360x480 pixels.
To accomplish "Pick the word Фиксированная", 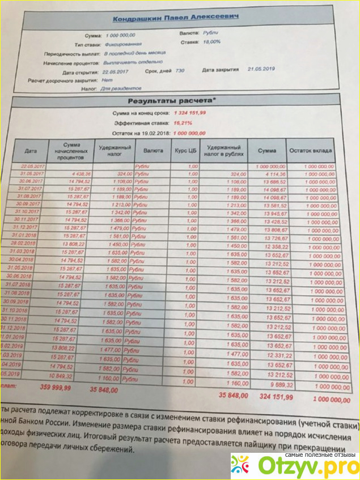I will point(123,44).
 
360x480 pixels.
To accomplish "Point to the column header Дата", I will point(31,151).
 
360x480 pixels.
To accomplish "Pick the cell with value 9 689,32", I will point(277,384).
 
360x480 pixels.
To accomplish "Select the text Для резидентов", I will point(120,89).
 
